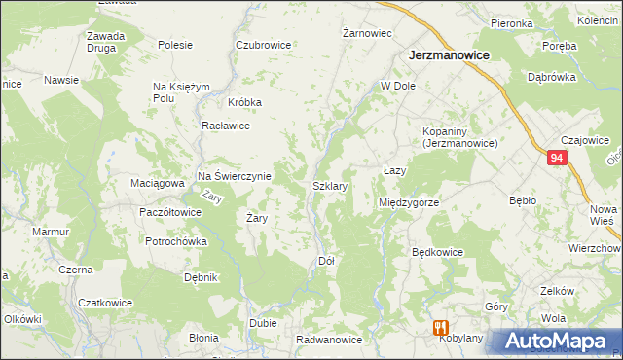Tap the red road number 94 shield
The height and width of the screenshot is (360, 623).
point(556,158)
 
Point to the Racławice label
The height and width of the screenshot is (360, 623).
point(226,126)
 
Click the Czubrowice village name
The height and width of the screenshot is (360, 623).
point(264,45)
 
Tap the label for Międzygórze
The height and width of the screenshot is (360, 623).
point(409,202)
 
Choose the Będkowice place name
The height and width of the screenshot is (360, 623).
point(437,252)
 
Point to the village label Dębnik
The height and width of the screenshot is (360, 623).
point(201,277)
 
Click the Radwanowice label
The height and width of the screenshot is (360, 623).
point(329,340)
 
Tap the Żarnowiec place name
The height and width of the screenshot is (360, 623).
point(368,33)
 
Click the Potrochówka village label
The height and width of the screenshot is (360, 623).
point(175,241)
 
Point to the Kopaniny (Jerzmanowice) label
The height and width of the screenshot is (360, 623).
point(459,137)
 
